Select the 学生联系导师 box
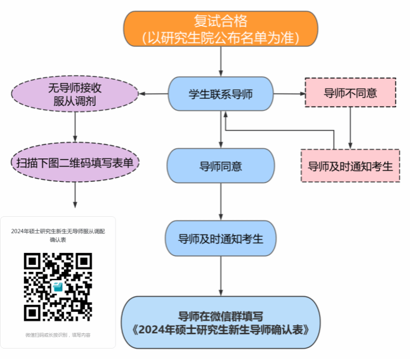(220, 94)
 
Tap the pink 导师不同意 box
(350, 94)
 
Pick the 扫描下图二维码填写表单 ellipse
(75, 163)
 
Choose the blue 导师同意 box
(220, 167)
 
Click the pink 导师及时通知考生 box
(350, 166)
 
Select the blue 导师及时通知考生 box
(220, 239)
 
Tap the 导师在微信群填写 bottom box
(220, 323)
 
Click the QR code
(58, 287)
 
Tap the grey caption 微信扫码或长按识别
(58, 334)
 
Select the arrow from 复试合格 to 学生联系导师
(221, 61)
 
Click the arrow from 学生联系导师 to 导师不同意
(289, 94)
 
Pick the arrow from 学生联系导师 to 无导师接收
(153, 94)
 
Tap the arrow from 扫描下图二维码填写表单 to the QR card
(75, 193)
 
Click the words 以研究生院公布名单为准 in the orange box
(220, 37)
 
